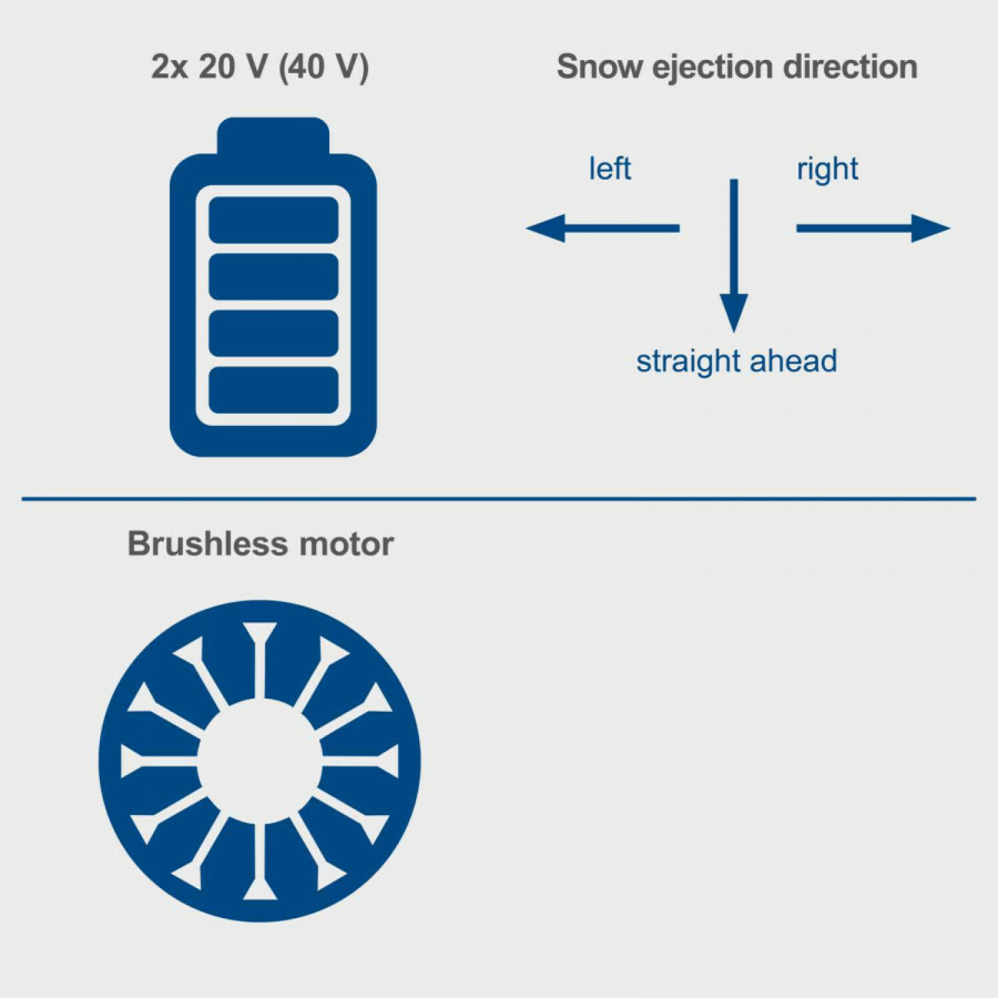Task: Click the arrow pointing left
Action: [x=602, y=228]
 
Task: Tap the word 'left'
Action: [x=609, y=169]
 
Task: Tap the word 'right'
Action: [x=827, y=169]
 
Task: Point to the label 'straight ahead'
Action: [x=737, y=361]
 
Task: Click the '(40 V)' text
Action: [x=324, y=67]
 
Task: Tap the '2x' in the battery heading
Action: [x=170, y=67]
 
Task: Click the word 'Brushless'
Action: [x=208, y=544]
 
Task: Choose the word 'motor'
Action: [x=347, y=544]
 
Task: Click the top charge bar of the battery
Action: [x=273, y=220]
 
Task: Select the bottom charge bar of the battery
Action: [x=273, y=390]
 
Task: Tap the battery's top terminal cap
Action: [x=273, y=136]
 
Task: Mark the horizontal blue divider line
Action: [x=499, y=498]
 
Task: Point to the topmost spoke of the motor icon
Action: [x=259, y=659]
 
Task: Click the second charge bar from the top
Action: [x=273, y=277]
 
